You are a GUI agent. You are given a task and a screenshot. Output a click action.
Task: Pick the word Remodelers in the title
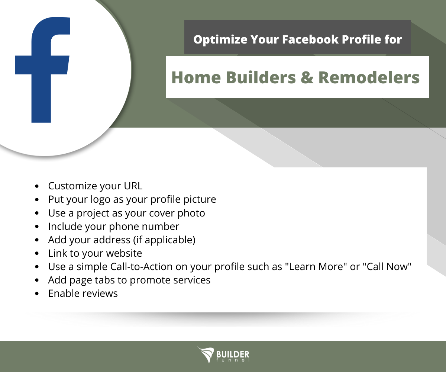pos(369,77)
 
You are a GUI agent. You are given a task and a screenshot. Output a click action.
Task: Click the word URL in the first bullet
pos(133,186)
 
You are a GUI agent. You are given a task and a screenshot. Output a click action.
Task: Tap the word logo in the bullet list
pos(100,199)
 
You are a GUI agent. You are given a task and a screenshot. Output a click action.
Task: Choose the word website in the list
pos(124,254)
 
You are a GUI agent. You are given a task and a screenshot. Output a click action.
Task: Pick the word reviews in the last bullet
pos(100,294)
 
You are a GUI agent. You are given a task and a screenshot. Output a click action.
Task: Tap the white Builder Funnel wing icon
pos(205,355)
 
